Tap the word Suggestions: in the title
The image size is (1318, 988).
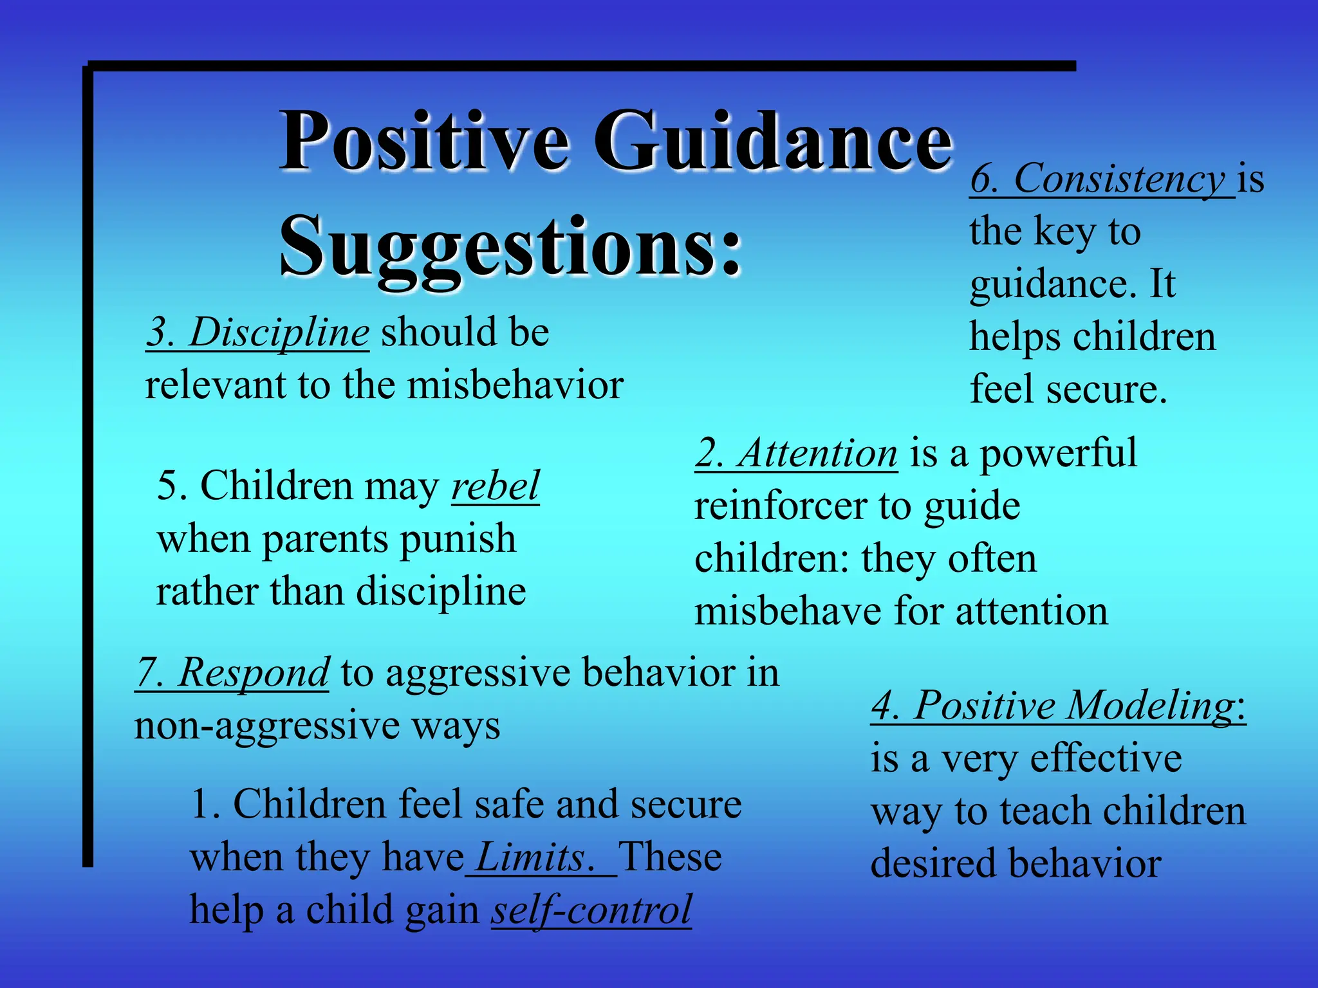[510, 248]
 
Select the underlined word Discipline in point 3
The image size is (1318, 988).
[279, 333]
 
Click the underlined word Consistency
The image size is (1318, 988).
[1120, 179]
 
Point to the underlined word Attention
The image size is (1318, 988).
[817, 453]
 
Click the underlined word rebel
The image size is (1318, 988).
[495, 486]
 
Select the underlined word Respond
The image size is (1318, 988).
[254, 673]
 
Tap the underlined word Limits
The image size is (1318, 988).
[530, 857]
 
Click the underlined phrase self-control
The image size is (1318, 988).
[591, 910]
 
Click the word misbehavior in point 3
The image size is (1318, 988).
[515, 385]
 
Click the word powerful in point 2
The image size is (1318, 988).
[1058, 453]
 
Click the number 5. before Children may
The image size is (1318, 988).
[172, 486]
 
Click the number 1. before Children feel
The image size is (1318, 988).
[206, 805]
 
